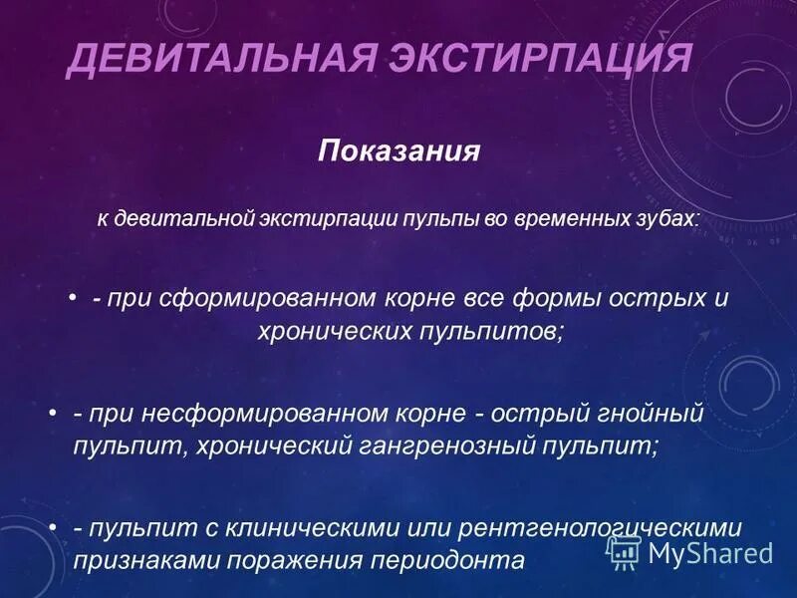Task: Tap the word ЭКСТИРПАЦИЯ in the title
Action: point(527,59)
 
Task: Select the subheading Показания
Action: point(398,151)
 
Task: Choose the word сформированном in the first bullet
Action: point(263,298)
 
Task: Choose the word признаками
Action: point(149,559)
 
